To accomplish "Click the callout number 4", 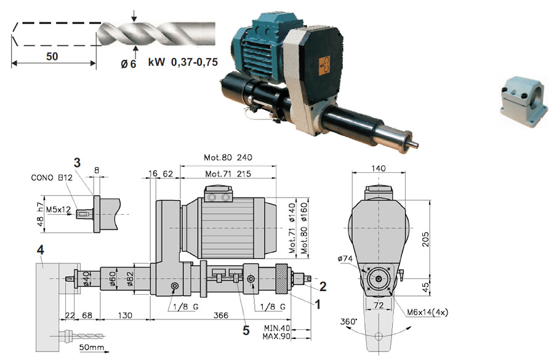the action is pos(40,250).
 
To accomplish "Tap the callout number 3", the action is pos(77,162).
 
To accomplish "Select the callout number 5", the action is pos(246,330).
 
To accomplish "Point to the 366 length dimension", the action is pos(221,315).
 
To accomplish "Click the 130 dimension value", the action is pos(125,315).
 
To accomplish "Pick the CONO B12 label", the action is pos(52,177).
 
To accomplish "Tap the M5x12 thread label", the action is pos(58,209).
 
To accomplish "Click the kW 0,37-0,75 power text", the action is pos(183,62).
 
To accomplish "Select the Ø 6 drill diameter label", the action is pos(128,63).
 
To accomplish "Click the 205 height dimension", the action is pos(426,239).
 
